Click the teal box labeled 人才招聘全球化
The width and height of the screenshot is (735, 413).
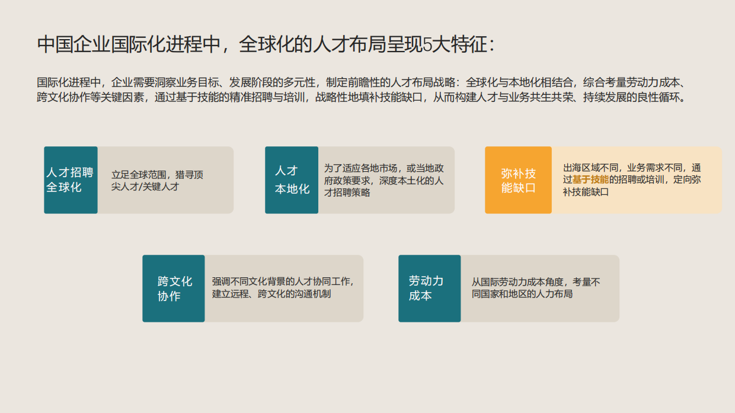point(71,180)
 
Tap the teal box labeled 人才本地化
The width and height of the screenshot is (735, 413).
point(292,180)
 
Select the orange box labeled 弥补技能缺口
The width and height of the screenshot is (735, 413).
point(518,180)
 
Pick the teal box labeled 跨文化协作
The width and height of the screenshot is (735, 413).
point(174,289)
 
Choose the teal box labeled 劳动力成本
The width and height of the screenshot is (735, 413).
point(429,289)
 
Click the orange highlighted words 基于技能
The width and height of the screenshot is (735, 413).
point(590,180)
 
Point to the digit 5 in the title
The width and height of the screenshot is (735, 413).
point(427,45)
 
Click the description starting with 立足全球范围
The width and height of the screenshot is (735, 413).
point(157,181)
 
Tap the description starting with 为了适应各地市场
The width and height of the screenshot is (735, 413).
point(384,180)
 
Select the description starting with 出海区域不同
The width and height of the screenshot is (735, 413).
point(631,180)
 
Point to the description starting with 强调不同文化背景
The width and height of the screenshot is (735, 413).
point(283,288)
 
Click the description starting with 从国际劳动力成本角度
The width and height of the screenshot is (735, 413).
point(536,288)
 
